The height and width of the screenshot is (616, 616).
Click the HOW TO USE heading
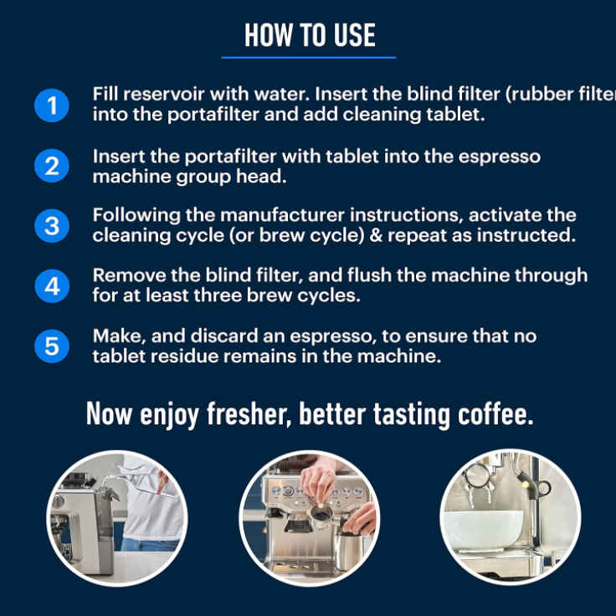(310, 35)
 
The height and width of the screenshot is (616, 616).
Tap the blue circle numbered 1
(52, 105)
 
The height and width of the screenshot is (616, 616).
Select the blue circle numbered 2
(52, 166)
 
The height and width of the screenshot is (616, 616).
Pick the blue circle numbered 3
(52, 225)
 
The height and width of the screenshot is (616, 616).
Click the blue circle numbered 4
(52, 285)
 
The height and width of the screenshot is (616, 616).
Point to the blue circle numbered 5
(52, 346)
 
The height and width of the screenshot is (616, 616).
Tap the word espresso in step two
(500, 157)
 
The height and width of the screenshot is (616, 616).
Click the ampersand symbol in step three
(376, 235)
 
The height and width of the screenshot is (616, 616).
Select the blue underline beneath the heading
(308, 58)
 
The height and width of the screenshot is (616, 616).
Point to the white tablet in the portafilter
(321, 507)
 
